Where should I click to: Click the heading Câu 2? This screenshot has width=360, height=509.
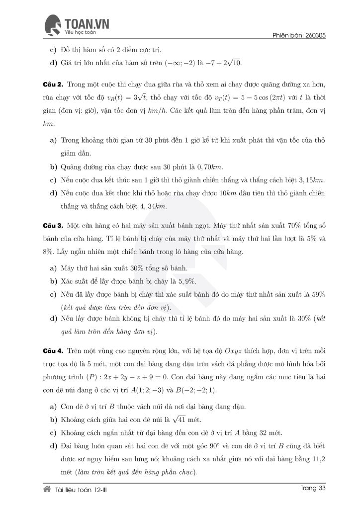pyautogui.click(x=52, y=85)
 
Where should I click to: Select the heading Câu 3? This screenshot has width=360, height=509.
pyautogui.click(x=52, y=226)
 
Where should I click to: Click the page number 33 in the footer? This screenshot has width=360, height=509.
pyautogui.click(x=321, y=489)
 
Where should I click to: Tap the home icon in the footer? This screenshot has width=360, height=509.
pyautogui.click(x=47, y=489)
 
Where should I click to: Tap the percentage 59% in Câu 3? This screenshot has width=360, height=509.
pyautogui.click(x=318, y=294)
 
